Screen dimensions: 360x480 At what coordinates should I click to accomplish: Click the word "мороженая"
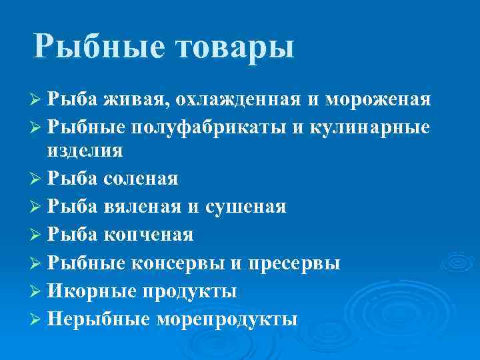click(378, 100)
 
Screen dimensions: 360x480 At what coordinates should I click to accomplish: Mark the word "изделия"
click(85, 150)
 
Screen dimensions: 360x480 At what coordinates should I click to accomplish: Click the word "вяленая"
click(142, 207)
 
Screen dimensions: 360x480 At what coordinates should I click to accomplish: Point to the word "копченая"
click(148, 235)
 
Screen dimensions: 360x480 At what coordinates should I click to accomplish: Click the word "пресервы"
click(294, 263)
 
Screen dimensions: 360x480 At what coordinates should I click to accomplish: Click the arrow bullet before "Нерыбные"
click(37, 319)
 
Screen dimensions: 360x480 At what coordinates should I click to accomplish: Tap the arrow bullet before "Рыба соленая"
click(37, 179)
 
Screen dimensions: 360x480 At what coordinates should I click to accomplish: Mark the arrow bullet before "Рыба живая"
click(37, 100)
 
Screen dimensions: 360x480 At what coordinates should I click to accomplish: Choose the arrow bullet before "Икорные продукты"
click(37, 291)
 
